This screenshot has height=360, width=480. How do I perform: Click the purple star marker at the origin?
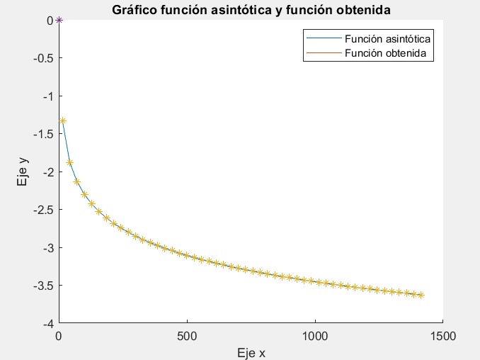[59, 20]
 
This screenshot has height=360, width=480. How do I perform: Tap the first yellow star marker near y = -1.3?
[62, 120]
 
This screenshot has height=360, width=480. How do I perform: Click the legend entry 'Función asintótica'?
[388, 39]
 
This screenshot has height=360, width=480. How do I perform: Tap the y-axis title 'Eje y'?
[23, 171]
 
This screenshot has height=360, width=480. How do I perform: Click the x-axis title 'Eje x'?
[251, 352]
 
